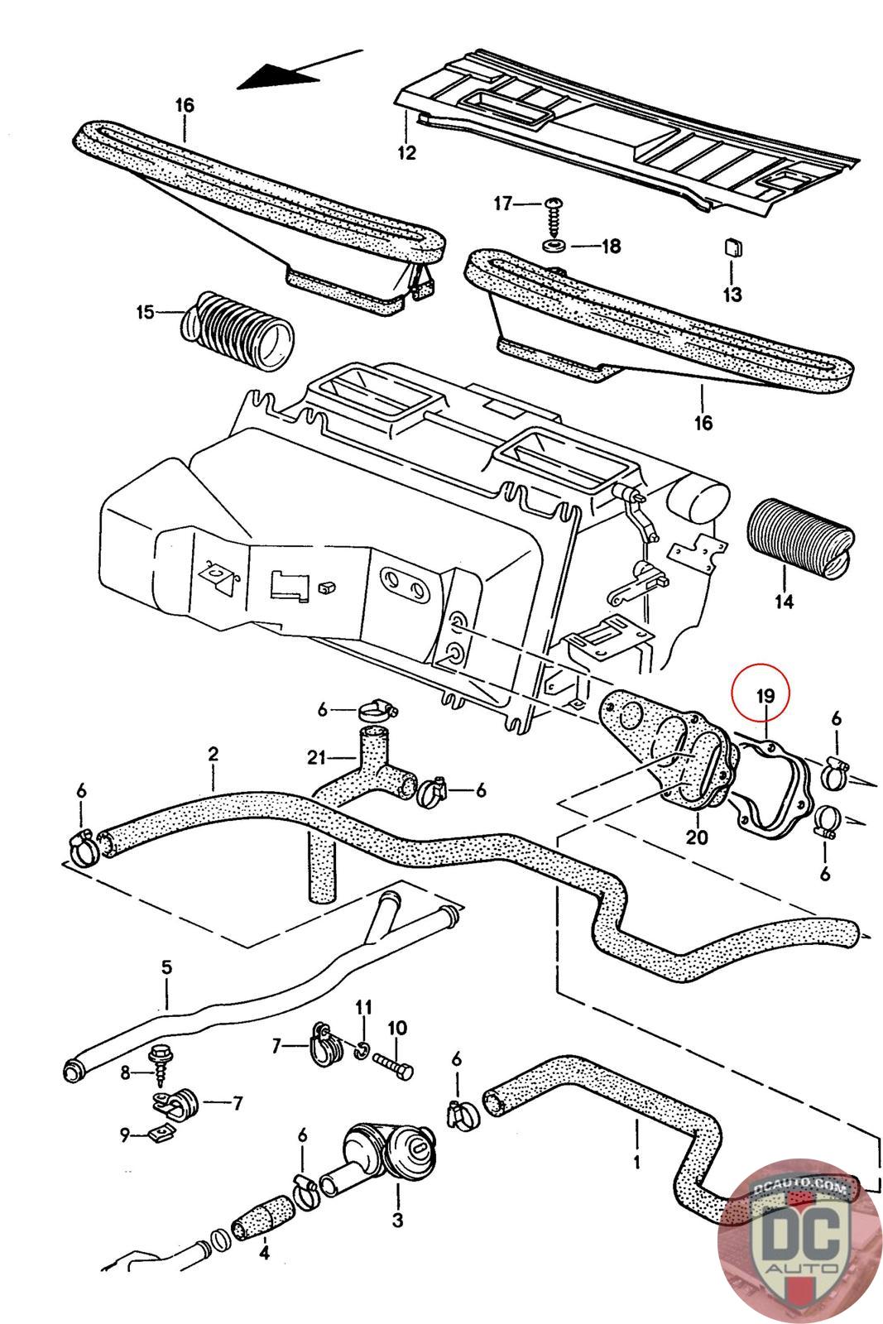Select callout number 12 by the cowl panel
tap(406, 152)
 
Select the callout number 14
tap(784, 601)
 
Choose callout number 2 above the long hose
tap(213, 754)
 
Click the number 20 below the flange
tap(697, 837)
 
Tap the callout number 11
tap(363, 1007)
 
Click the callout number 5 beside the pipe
tap(166, 967)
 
